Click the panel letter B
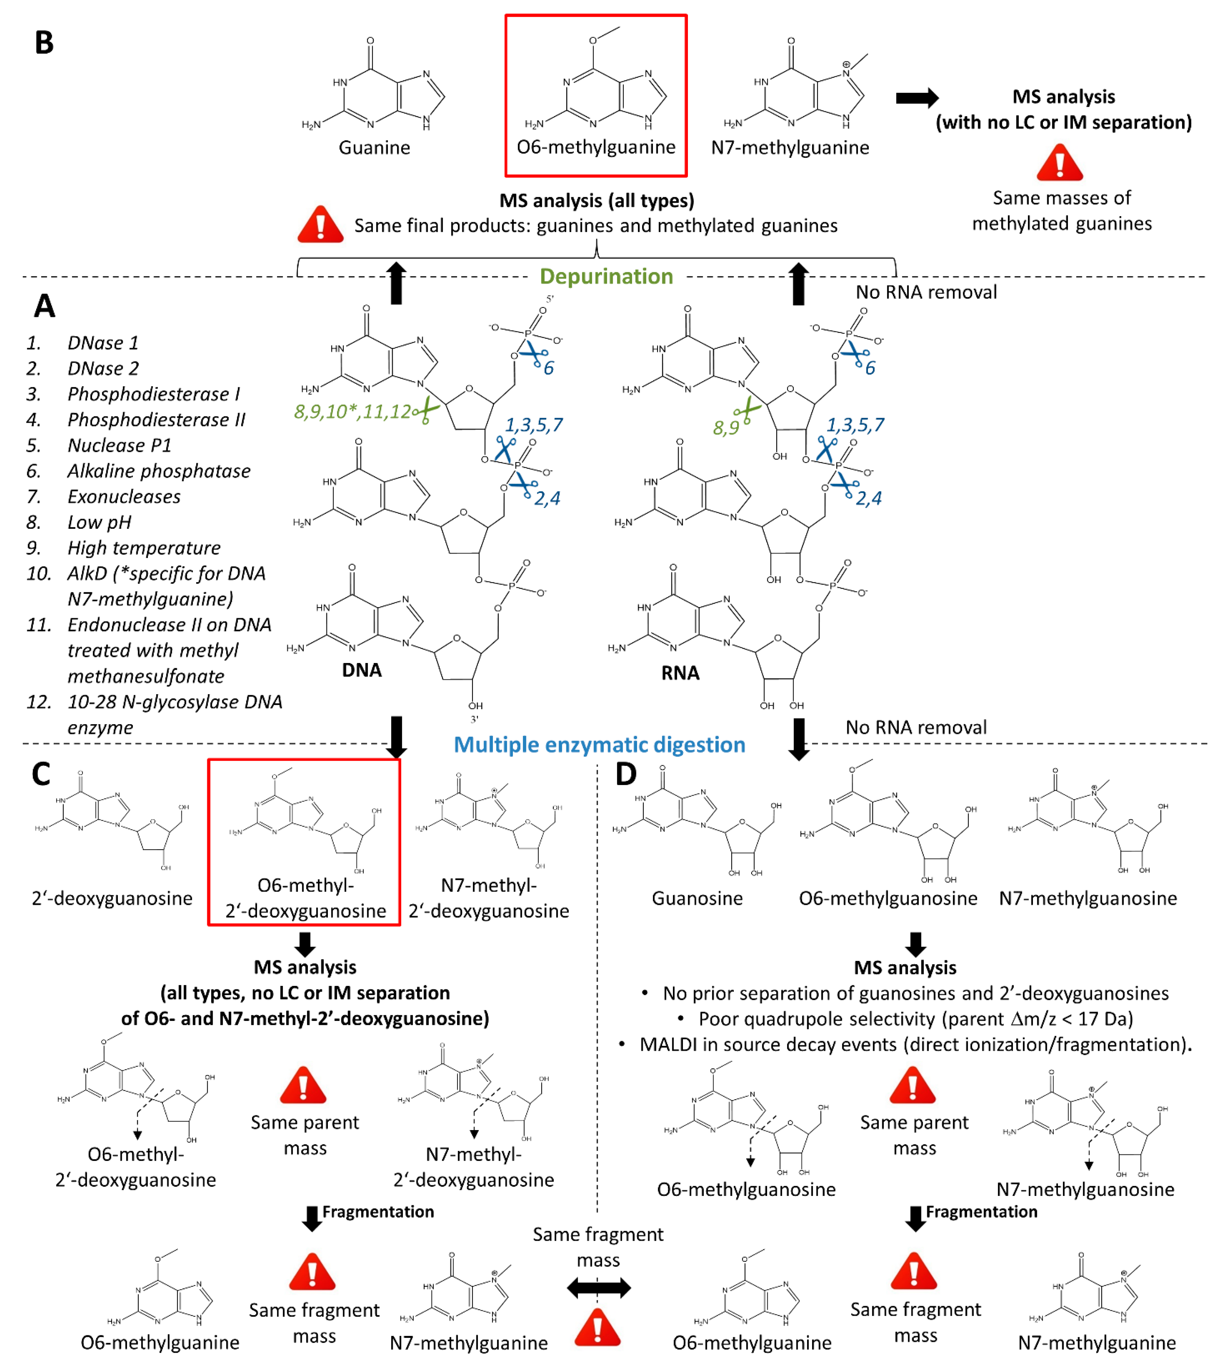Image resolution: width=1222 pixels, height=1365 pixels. click(44, 43)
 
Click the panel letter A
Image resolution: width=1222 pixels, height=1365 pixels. click(44, 306)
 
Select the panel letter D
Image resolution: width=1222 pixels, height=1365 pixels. click(626, 774)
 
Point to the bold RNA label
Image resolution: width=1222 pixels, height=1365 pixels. click(680, 673)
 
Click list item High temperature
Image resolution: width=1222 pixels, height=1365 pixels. click(144, 548)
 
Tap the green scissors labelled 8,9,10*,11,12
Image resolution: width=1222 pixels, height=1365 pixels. click(425, 411)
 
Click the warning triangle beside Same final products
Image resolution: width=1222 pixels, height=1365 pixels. click(320, 224)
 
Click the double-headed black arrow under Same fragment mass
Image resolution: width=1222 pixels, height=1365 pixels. click(598, 1287)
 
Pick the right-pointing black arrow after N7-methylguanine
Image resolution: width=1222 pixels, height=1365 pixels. click(917, 98)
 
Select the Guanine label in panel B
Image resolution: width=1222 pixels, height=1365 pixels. click(374, 148)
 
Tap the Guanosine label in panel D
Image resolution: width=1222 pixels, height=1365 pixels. click(697, 898)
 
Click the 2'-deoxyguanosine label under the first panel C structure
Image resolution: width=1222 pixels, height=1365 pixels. click(112, 898)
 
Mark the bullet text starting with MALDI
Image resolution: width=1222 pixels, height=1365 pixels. click(916, 1045)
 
